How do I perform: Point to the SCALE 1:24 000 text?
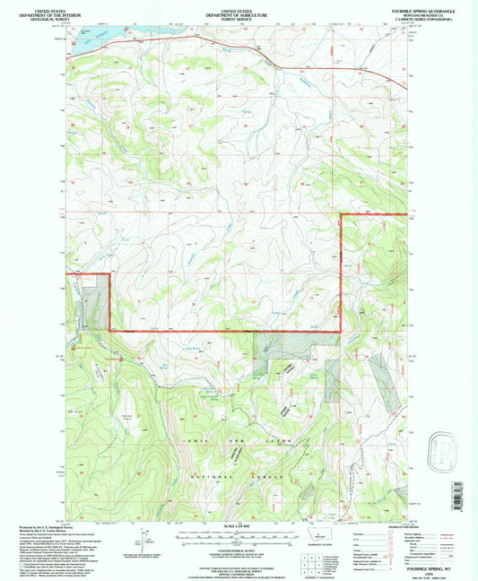238,525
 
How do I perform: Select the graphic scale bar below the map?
238,534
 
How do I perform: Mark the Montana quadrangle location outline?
317,534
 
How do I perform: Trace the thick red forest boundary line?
224,332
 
